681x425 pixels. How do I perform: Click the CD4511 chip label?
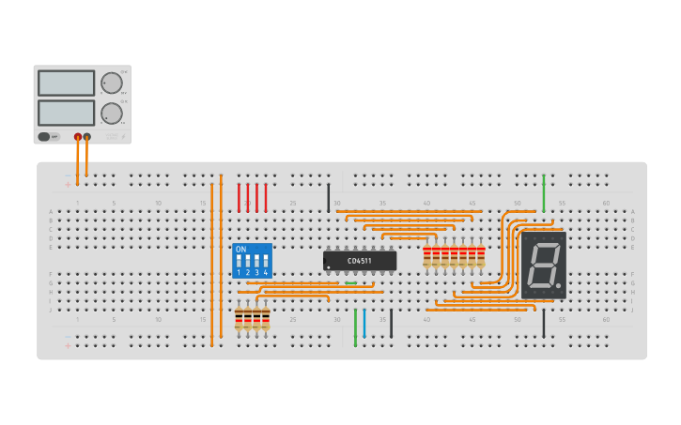click(360, 261)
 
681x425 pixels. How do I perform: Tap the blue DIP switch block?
click(252, 261)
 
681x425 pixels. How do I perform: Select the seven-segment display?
click(543, 265)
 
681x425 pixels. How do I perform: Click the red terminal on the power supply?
click(78, 137)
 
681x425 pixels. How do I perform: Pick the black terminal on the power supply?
click(87, 137)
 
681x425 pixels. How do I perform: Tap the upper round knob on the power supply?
click(112, 83)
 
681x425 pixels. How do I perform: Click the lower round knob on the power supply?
click(112, 114)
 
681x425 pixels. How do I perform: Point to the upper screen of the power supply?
click(66, 83)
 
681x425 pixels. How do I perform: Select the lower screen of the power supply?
click(66, 113)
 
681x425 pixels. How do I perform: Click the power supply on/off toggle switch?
click(44, 137)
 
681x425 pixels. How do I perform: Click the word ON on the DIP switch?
click(241, 250)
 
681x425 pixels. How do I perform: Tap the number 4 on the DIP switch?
click(266, 273)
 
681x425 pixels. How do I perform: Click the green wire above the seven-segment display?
click(543, 192)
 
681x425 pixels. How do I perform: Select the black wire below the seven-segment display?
click(543, 323)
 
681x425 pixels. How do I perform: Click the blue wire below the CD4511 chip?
click(364, 323)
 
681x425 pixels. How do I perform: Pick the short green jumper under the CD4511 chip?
click(350, 283)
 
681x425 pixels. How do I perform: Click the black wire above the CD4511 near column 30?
click(329, 197)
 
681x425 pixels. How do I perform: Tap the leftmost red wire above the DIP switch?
click(239, 197)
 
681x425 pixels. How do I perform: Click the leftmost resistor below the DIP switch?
click(239, 319)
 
